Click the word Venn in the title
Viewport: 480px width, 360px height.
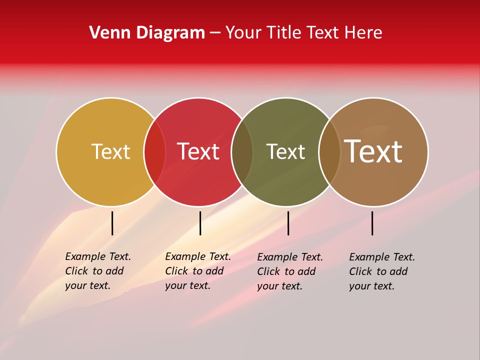(x=107, y=33)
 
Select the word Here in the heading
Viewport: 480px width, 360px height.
(x=364, y=33)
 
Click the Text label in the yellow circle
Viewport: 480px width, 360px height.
(x=110, y=151)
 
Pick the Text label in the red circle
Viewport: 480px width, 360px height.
(x=198, y=151)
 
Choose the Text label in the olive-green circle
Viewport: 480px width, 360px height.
(x=285, y=151)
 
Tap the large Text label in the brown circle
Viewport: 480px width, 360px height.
(x=373, y=151)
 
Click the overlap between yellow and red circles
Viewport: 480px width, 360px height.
(x=154, y=151)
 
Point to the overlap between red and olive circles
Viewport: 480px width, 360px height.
(x=242, y=151)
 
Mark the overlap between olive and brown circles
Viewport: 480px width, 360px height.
(x=329, y=151)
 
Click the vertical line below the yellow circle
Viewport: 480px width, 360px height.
(x=112, y=223)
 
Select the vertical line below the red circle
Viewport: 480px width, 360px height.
(x=200, y=223)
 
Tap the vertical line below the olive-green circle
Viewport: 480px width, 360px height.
(x=288, y=223)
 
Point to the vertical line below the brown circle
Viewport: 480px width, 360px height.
(x=372, y=223)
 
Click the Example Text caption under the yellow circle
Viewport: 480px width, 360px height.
(x=98, y=271)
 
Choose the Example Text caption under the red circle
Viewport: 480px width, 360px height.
(x=198, y=271)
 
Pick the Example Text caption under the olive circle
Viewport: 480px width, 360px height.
(x=290, y=271)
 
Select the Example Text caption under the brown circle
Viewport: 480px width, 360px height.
(x=382, y=271)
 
